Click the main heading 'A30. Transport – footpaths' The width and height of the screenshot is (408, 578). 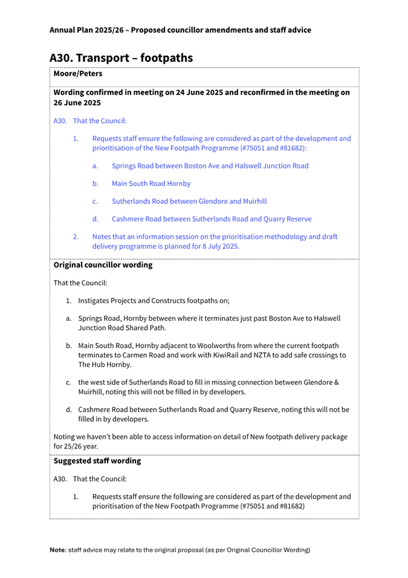coord(121,58)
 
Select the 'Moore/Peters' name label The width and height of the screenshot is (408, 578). coord(77,74)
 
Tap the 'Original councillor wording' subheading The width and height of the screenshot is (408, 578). coord(103,265)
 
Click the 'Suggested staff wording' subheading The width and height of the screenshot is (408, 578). coord(97,461)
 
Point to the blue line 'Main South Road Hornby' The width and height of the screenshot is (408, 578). coord(151,183)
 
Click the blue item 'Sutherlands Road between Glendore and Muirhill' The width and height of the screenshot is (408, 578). coord(189,201)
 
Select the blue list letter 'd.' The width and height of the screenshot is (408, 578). coord(96,219)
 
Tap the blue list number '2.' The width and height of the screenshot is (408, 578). coord(76,237)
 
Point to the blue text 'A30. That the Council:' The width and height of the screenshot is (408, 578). coord(90,121)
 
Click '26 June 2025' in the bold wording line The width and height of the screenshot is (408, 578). coord(77,103)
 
